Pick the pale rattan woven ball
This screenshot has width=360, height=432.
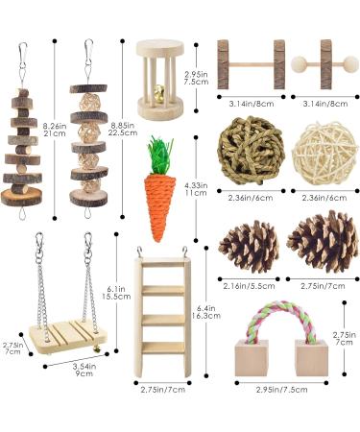(317, 149)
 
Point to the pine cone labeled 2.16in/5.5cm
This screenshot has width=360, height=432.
(248, 246)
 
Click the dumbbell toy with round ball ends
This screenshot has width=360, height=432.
(326, 64)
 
